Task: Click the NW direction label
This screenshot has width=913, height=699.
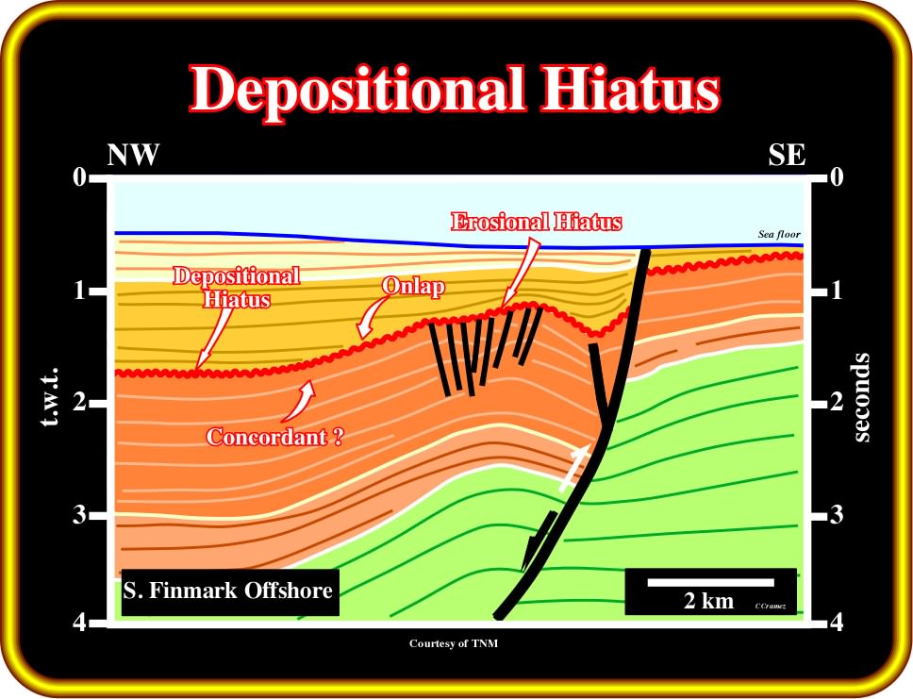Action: (x=133, y=155)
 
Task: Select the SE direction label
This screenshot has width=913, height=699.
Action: (x=787, y=155)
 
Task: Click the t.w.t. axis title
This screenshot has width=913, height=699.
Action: (x=51, y=396)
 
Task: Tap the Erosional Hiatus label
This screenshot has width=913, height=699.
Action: (x=537, y=222)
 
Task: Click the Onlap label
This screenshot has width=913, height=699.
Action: (x=413, y=286)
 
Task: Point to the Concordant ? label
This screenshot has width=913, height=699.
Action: (x=274, y=437)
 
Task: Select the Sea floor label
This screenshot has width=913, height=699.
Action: (x=779, y=234)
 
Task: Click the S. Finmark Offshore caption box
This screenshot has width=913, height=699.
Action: (x=230, y=591)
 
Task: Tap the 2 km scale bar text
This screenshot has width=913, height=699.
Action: (x=708, y=601)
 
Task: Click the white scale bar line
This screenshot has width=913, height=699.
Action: (x=710, y=583)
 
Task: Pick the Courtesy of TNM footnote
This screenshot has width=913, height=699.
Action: (x=454, y=643)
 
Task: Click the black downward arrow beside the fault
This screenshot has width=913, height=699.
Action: (x=539, y=541)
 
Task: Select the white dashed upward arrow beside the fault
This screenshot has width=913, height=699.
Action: (x=574, y=468)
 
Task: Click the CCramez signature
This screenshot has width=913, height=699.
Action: (x=771, y=607)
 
